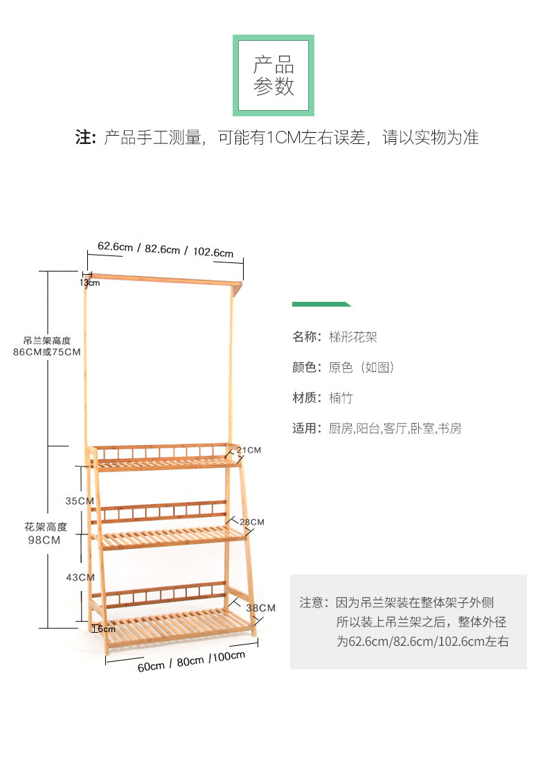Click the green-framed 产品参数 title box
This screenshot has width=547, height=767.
coord(273,76)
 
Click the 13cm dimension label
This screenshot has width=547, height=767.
coord(89,282)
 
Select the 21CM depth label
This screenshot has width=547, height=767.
coord(249,450)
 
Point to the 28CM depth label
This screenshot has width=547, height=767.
coord(252,522)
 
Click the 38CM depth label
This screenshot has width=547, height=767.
coord(262,608)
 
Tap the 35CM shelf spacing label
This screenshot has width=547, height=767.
coord(80,500)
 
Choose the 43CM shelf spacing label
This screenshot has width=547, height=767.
coord(80,577)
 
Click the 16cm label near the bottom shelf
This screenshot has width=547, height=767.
coord(105,629)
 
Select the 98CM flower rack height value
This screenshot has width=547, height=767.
coord(45,541)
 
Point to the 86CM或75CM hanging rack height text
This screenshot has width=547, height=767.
coord(46,352)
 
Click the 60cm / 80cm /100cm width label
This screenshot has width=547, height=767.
coord(191,661)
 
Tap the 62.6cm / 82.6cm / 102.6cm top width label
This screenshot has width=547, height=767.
coord(165,249)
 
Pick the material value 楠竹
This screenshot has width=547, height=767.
coord(341,398)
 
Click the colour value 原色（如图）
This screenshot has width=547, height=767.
coord(361,368)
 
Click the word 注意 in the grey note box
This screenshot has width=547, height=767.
coord(311,603)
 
